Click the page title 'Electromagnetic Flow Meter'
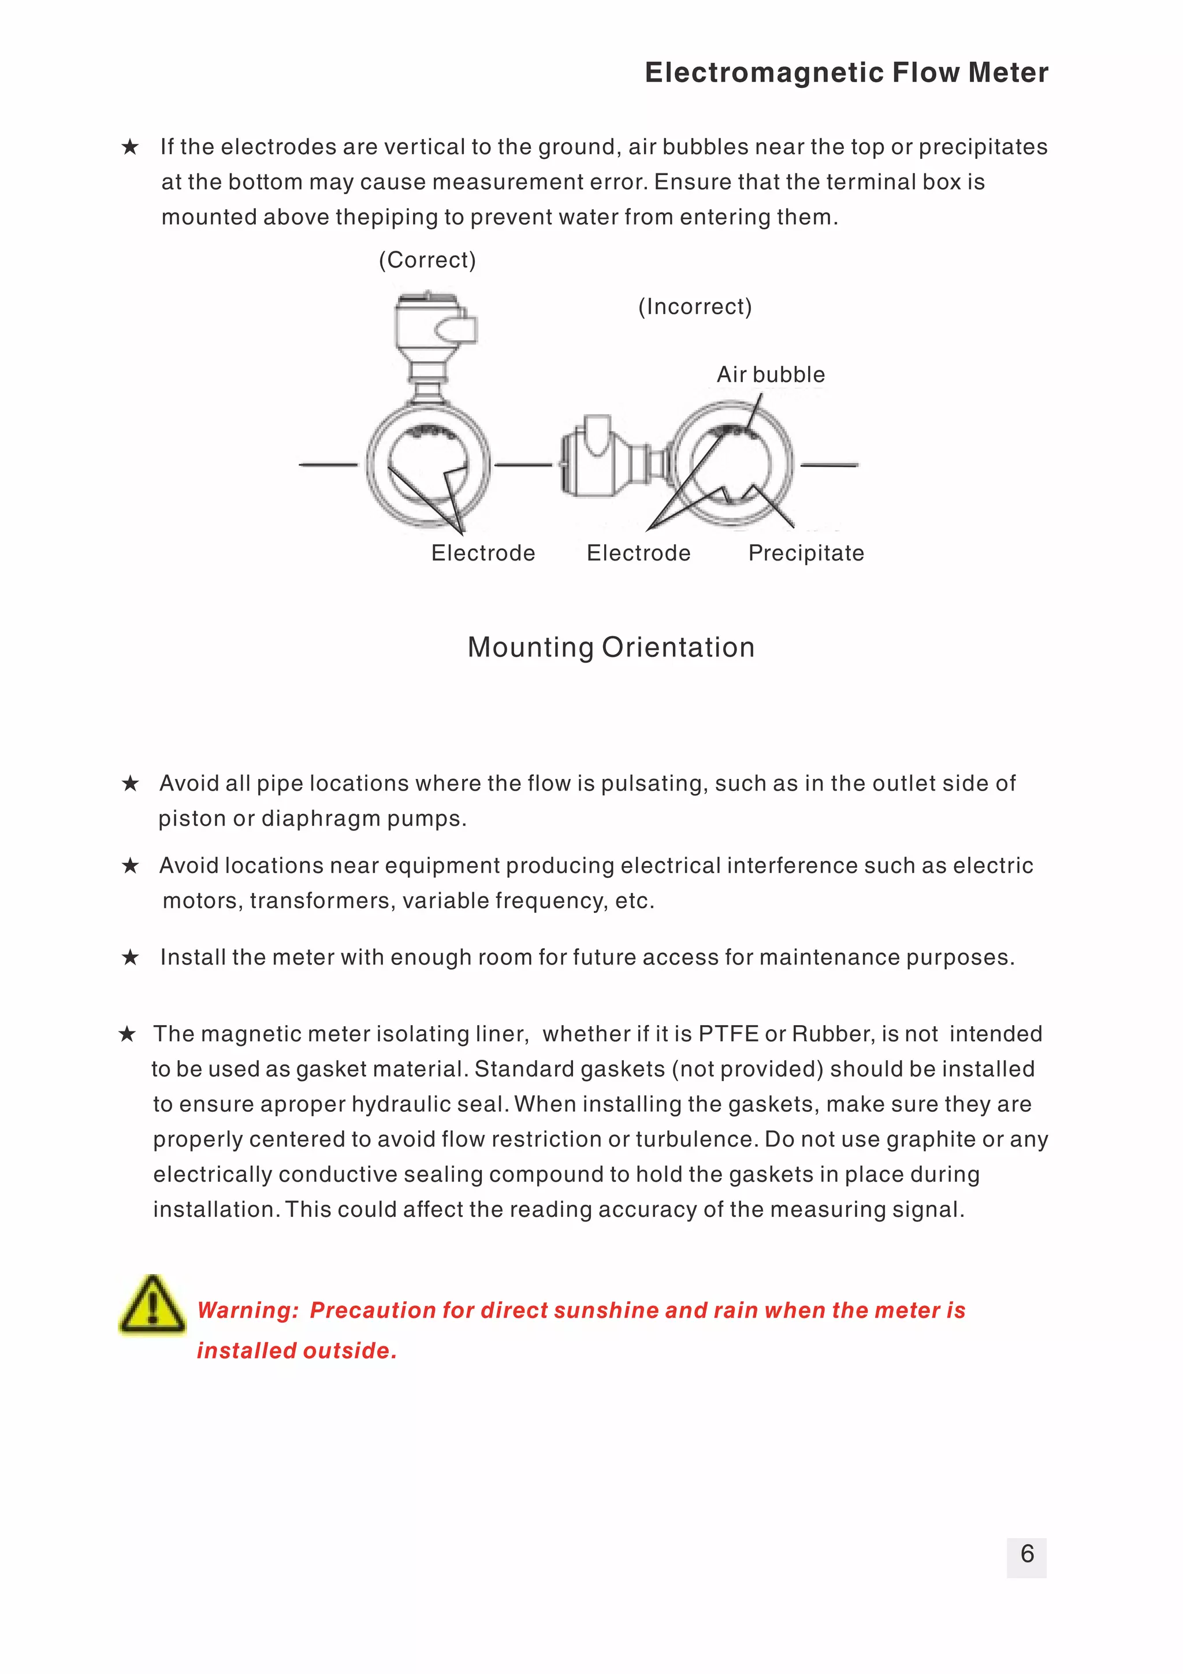point(846,73)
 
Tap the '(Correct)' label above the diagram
point(427,259)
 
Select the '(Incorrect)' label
point(695,306)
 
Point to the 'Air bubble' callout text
point(771,375)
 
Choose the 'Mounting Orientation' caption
point(611,647)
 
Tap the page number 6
point(1026,1554)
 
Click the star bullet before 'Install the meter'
point(131,957)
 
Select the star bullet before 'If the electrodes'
point(131,147)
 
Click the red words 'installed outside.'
point(297,1350)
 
